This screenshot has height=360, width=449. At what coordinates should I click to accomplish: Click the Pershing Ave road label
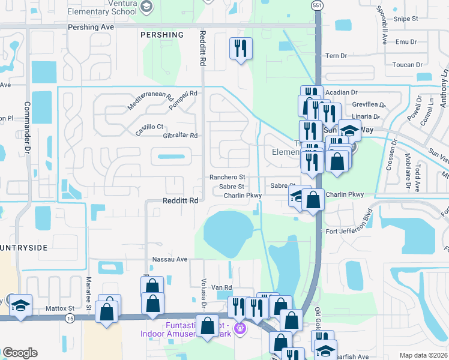(x=91, y=27)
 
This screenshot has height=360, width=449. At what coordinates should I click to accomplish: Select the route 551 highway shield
(x=316, y=5)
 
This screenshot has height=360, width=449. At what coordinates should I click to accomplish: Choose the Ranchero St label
(x=227, y=177)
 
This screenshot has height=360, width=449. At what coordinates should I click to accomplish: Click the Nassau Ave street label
(x=170, y=259)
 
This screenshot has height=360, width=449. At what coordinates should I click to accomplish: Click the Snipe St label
(x=405, y=19)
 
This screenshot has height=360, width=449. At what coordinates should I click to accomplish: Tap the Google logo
(x=20, y=353)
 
